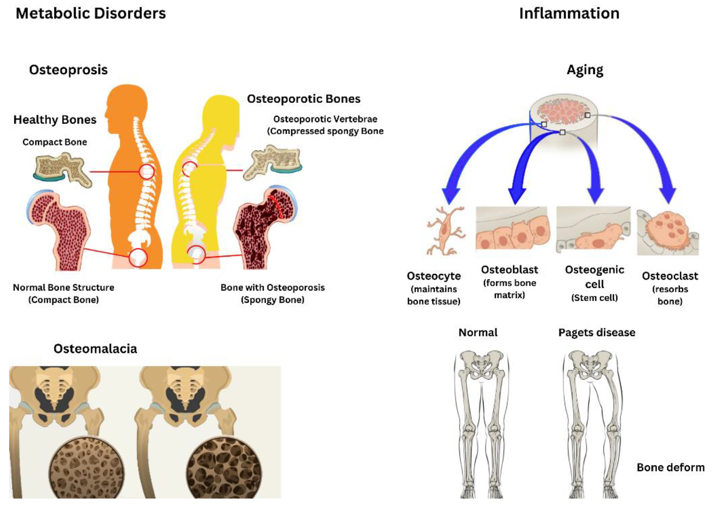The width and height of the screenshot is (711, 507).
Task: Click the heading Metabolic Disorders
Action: click(x=91, y=14)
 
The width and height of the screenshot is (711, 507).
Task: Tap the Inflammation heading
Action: click(x=569, y=14)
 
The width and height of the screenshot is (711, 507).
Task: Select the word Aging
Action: click(x=585, y=70)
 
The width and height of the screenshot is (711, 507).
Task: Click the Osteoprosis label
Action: click(x=68, y=70)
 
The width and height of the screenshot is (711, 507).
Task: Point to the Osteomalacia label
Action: click(x=95, y=349)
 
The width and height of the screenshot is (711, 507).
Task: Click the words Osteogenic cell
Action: click(x=594, y=277)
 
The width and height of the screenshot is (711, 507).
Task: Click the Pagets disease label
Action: click(x=596, y=333)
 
